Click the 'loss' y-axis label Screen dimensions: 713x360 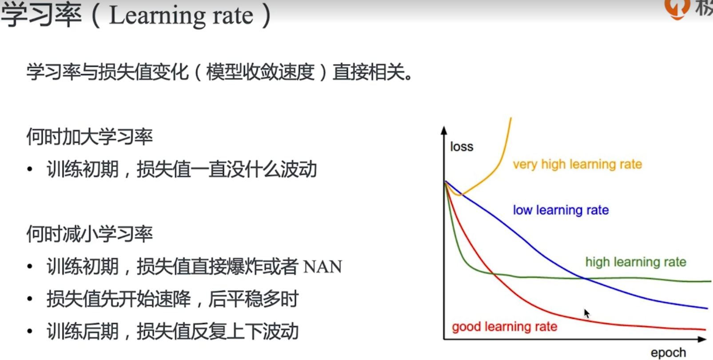[x=462, y=147]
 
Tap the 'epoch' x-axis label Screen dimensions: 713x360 [x=668, y=353]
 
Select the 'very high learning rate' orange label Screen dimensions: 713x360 [x=578, y=164]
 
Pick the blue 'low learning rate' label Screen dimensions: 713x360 [x=561, y=210]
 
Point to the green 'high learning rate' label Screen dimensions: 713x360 [x=636, y=262]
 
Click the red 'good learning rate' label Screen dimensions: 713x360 [x=505, y=327]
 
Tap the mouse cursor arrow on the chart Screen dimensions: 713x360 [x=587, y=313]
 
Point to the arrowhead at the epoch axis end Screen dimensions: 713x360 [x=702, y=339]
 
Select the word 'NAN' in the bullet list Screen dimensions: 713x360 [x=323, y=267]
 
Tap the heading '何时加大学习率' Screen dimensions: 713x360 [x=89, y=137]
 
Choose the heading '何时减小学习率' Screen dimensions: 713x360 [x=89, y=234]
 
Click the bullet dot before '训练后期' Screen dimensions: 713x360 [x=30, y=331]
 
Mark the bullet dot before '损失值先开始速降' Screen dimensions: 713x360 [x=30, y=299]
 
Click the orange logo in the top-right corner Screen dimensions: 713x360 [x=677, y=8]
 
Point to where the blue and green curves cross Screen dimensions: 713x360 [x=585, y=279]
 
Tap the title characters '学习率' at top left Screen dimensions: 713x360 [x=41, y=15]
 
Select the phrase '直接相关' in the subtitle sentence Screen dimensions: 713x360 [x=369, y=72]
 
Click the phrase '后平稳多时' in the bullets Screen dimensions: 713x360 [x=253, y=299]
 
